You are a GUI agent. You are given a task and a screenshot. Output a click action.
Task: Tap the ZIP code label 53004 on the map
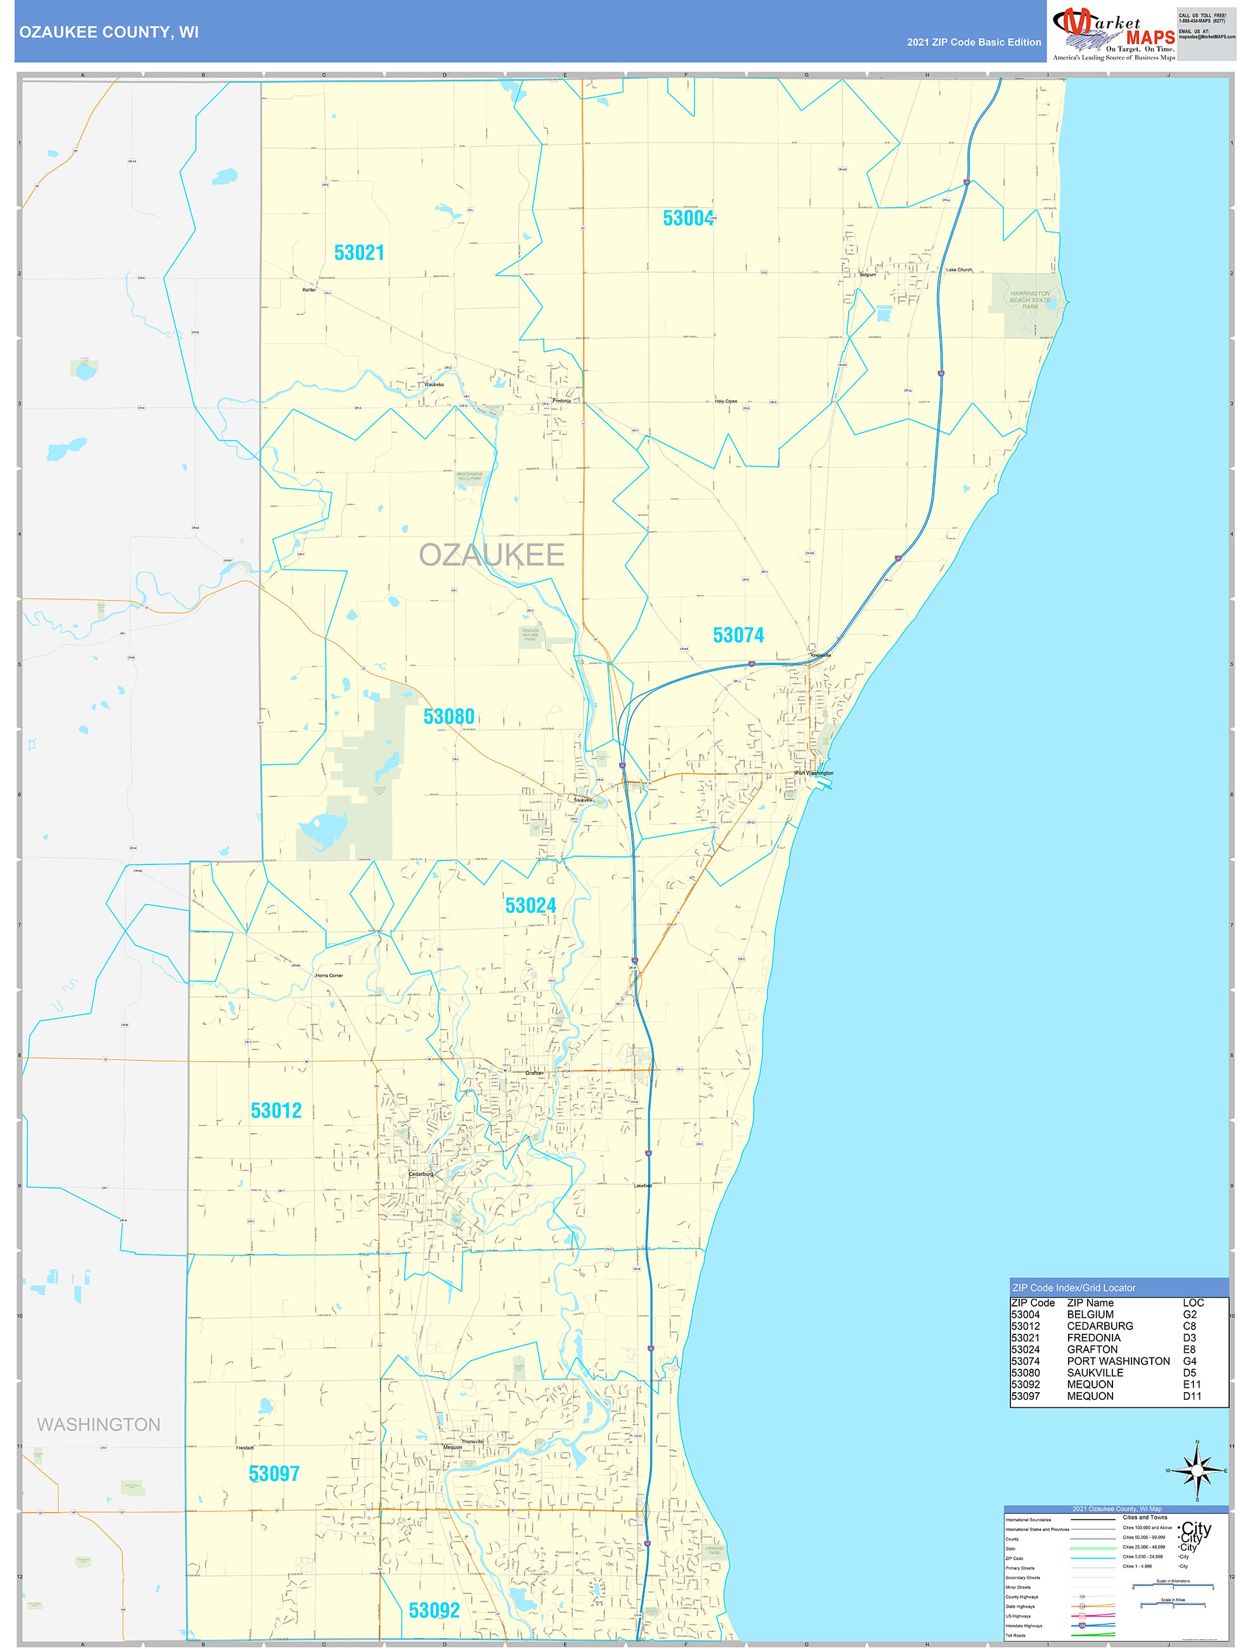coord(688,218)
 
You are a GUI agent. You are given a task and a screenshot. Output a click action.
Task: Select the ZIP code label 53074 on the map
coord(738,635)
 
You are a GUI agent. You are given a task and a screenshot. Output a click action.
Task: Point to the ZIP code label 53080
coord(449,717)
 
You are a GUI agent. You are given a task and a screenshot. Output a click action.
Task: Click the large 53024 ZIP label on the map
coord(530,905)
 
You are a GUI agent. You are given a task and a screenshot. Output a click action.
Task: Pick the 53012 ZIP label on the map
coord(276,1111)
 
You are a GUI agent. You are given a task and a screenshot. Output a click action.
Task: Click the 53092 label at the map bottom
coord(434,1610)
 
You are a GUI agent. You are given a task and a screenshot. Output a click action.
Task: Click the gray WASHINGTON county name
coord(98,1424)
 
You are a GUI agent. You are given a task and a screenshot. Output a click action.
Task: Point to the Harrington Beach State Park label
coord(1029,300)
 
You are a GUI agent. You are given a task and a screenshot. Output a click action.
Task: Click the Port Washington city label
coord(814,773)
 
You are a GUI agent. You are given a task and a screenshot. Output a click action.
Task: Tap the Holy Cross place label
coord(726,401)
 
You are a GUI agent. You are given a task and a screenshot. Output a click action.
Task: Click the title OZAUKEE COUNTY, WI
coord(109,32)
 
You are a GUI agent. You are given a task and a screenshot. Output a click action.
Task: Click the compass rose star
coord(1197,1471)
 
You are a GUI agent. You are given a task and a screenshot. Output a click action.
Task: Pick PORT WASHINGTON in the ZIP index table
coord(1118,1361)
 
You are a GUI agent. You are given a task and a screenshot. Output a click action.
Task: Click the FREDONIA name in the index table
coord(1093,1338)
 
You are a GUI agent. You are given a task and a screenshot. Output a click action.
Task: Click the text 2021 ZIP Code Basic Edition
coord(973,42)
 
